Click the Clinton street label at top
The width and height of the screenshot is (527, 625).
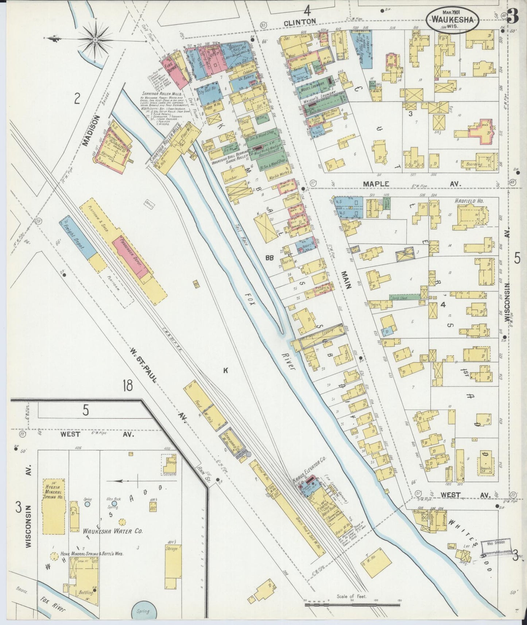pyautogui.click(x=299, y=22)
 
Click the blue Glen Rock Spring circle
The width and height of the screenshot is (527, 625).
pyautogui.click(x=114, y=504)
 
